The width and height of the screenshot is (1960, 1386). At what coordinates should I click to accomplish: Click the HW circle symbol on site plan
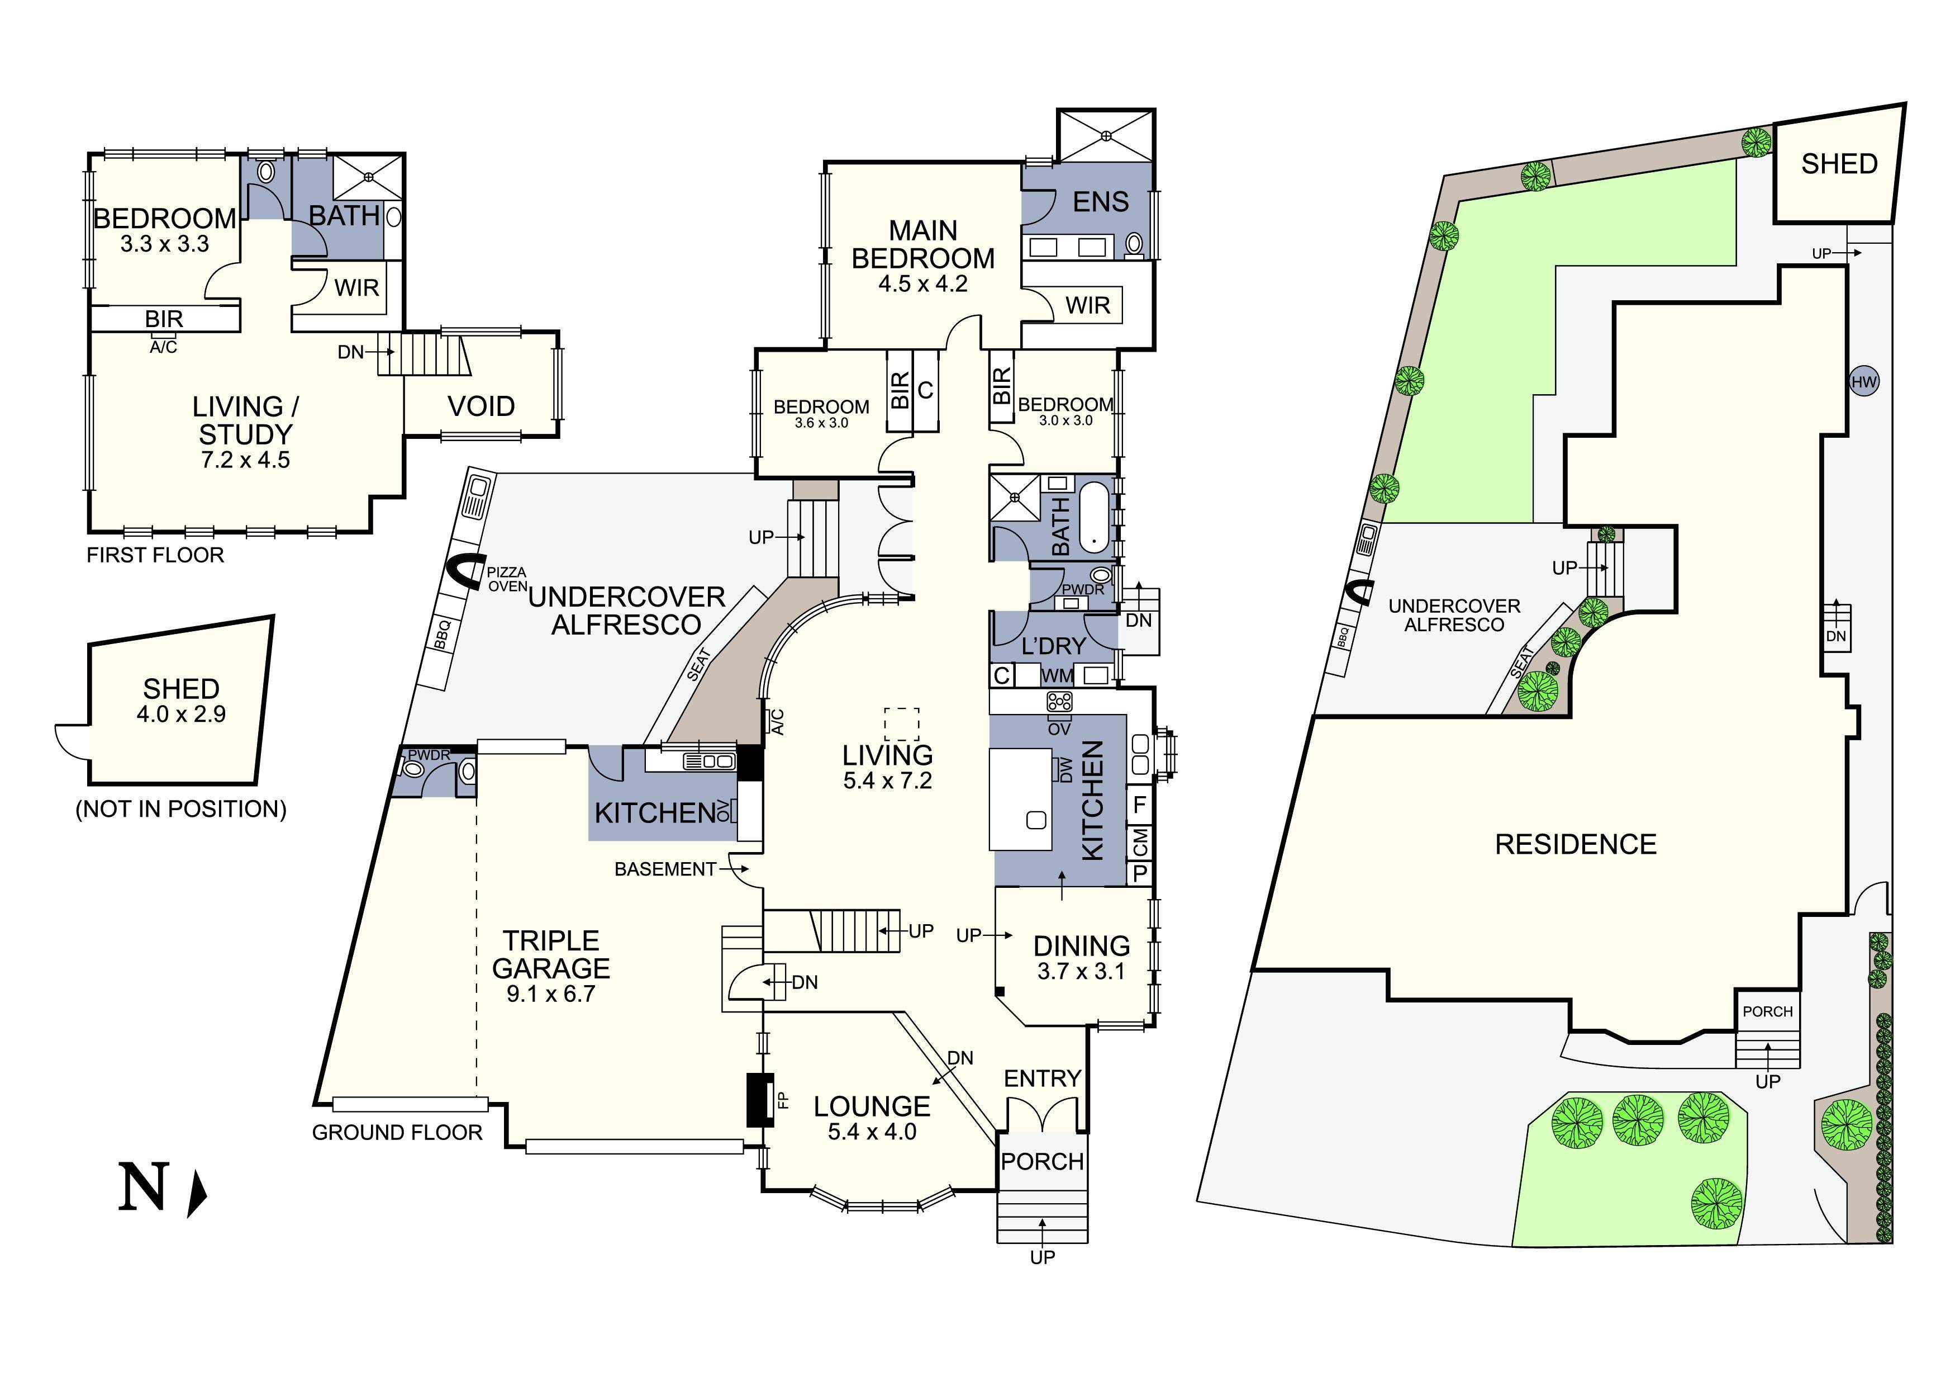pyautogui.click(x=1863, y=382)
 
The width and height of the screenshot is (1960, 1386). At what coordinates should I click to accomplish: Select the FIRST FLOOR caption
pyautogui.click(x=155, y=555)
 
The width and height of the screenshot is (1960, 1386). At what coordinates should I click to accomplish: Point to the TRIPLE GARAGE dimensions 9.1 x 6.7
pyautogui.click(x=550, y=994)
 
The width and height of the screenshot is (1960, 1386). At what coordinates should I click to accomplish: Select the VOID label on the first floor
pyautogui.click(x=482, y=406)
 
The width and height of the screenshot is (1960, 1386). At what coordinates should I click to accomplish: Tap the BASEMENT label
pyautogui.click(x=665, y=869)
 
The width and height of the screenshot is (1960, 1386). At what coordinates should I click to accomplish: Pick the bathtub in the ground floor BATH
pyautogui.click(x=1093, y=518)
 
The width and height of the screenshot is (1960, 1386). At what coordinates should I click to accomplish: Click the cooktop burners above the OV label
pyautogui.click(x=1059, y=702)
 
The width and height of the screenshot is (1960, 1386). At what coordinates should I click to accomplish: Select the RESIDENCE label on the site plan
pyautogui.click(x=1575, y=845)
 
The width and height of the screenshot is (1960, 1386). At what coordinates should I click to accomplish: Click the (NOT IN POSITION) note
pyautogui.click(x=181, y=808)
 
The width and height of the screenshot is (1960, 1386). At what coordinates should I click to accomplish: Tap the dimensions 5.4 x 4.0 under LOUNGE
pyautogui.click(x=872, y=1132)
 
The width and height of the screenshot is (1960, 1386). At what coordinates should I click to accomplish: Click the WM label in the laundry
pyautogui.click(x=1057, y=675)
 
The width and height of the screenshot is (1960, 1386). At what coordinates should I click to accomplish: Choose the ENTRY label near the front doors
pyautogui.click(x=1043, y=1078)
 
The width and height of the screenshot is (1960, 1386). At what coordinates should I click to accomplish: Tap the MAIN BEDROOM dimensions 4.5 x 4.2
pyautogui.click(x=923, y=283)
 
